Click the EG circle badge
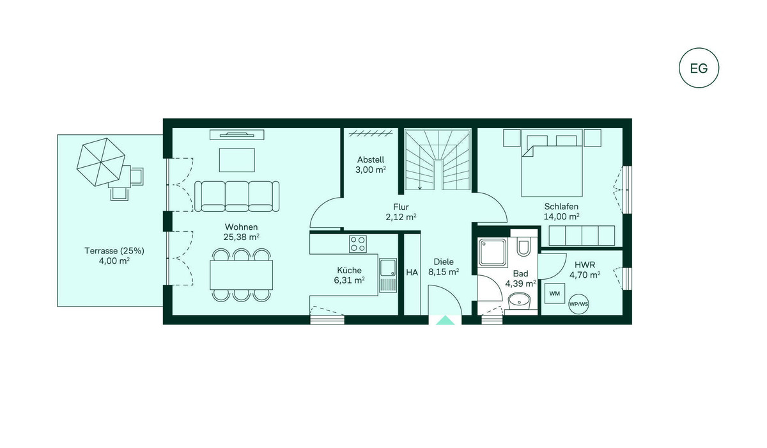699,68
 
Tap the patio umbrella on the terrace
101,162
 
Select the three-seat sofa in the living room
236,196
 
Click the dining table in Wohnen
242,275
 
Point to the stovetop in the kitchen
358,244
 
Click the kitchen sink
387,275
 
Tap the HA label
412,273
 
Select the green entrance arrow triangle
445,320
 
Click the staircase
438,159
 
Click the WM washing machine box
554,293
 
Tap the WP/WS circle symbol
578,304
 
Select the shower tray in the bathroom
493,253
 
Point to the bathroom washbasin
520,301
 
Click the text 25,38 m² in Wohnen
242,237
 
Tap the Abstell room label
371,160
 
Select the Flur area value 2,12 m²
401,217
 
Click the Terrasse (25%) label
114,251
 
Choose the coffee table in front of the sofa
237,160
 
